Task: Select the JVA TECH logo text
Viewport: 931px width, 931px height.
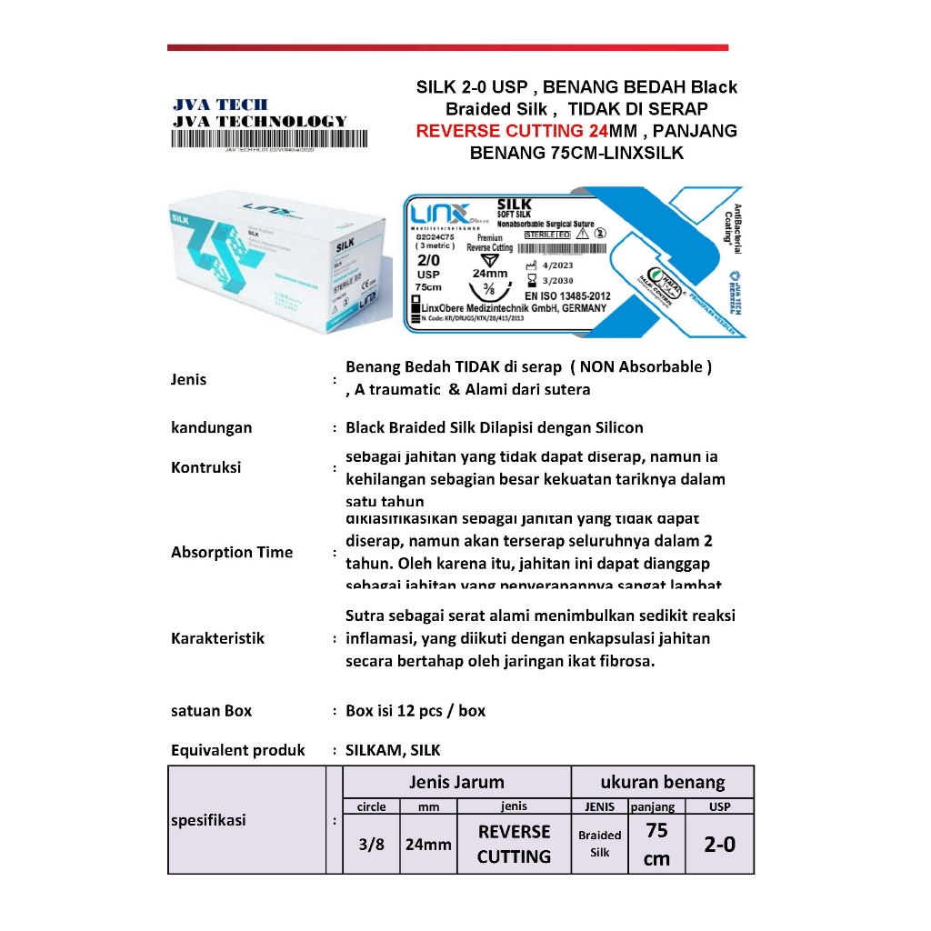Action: (x=221, y=105)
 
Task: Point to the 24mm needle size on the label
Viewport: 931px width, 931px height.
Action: (x=490, y=273)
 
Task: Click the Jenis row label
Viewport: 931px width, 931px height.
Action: (x=189, y=380)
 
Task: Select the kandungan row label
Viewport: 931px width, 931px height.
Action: (x=212, y=427)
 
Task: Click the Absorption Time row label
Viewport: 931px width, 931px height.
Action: (x=232, y=552)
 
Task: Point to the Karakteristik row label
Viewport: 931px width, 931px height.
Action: (x=218, y=638)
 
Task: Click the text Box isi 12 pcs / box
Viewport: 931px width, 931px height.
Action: (x=415, y=711)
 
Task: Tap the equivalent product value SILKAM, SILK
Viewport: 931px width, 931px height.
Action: (x=393, y=751)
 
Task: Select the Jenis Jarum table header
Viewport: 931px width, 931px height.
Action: (x=456, y=782)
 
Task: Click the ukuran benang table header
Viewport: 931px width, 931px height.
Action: (x=663, y=782)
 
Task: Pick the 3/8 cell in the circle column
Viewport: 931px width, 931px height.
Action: (x=371, y=844)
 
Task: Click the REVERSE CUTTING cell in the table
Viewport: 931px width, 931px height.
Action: (x=514, y=844)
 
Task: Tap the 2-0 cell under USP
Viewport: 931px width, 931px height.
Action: (x=720, y=845)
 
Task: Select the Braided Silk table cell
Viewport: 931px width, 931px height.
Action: (x=600, y=844)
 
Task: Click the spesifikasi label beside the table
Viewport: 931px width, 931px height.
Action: (x=208, y=820)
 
